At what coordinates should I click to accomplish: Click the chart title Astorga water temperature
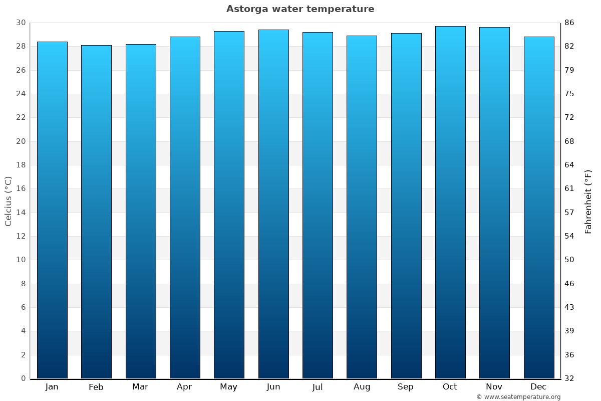tap(300, 9)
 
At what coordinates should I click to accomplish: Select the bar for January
tap(52, 211)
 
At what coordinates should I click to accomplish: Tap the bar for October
tap(450, 203)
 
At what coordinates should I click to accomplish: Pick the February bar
tap(96, 212)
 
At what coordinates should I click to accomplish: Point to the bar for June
tap(273, 205)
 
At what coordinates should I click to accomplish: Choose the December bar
tap(539, 208)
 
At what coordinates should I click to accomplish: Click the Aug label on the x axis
tap(362, 387)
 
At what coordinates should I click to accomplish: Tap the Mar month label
tap(140, 387)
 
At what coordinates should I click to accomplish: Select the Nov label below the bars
tap(494, 387)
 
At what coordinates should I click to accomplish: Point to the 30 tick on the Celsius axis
tap(21, 23)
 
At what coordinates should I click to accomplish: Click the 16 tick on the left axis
tap(21, 189)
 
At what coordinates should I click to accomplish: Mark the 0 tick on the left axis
tap(23, 378)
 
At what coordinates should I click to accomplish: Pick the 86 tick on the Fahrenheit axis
tap(569, 23)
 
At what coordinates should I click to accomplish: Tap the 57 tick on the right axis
tap(569, 213)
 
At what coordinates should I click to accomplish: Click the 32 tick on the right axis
tap(569, 378)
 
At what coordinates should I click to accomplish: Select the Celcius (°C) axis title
tap(9, 201)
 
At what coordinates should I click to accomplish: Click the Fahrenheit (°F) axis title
tap(588, 201)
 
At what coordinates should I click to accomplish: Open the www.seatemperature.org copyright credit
tap(518, 397)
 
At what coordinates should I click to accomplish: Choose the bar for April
tap(185, 208)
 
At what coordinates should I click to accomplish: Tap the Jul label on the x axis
tap(318, 387)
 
